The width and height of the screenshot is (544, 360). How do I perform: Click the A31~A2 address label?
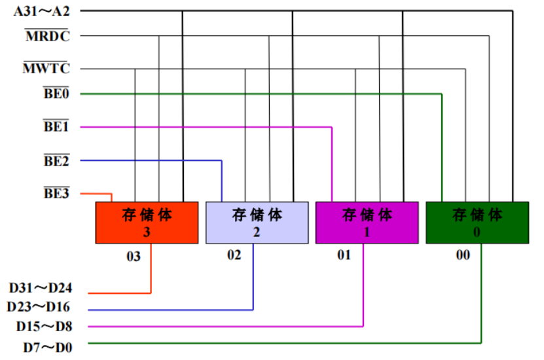pyautogui.click(x=41, y=11)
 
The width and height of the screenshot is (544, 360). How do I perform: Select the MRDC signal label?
pyautogui.click(x=47, y=36)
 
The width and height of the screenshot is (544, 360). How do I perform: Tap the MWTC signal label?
pyautogui.click(x=46, y=68)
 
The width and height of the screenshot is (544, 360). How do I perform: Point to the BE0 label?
pyautogui.click(x=56, y=94)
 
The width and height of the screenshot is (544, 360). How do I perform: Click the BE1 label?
pyautogui.click(x=56, y=127)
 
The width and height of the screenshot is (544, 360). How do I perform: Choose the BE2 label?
pyautogui.click(x=56, y=160)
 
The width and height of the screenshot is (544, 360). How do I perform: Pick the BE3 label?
pyautogui.click(x=56, y=194)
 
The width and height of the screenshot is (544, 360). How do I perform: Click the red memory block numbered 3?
pyautogui.click(x=147, y=223)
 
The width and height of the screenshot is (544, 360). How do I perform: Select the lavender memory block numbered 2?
pyautogui.click(x=257, y=223)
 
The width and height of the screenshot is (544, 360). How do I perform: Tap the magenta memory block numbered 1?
pyautogui.click(x=367, y=223)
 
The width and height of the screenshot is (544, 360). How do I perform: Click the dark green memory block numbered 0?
pyautogui.click(x=477, y=223)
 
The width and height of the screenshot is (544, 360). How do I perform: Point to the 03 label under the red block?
pyautogui.click(x=134, y=257)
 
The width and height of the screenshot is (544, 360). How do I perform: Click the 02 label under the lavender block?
pyautogui.click(x=234, y=255)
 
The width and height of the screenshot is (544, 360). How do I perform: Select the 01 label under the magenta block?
pyautogui.click(x=344, y=255)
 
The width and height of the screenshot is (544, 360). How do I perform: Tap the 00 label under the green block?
pyautogui.click(x=463, y=255)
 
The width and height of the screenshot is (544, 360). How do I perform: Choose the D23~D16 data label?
pyautogui.click(x=38, y=306)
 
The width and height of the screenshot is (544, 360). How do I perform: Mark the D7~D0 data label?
pyautogui.click(x=47, y=347)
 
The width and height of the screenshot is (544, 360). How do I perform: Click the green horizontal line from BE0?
pyautogui.click(x=262, y=94)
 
